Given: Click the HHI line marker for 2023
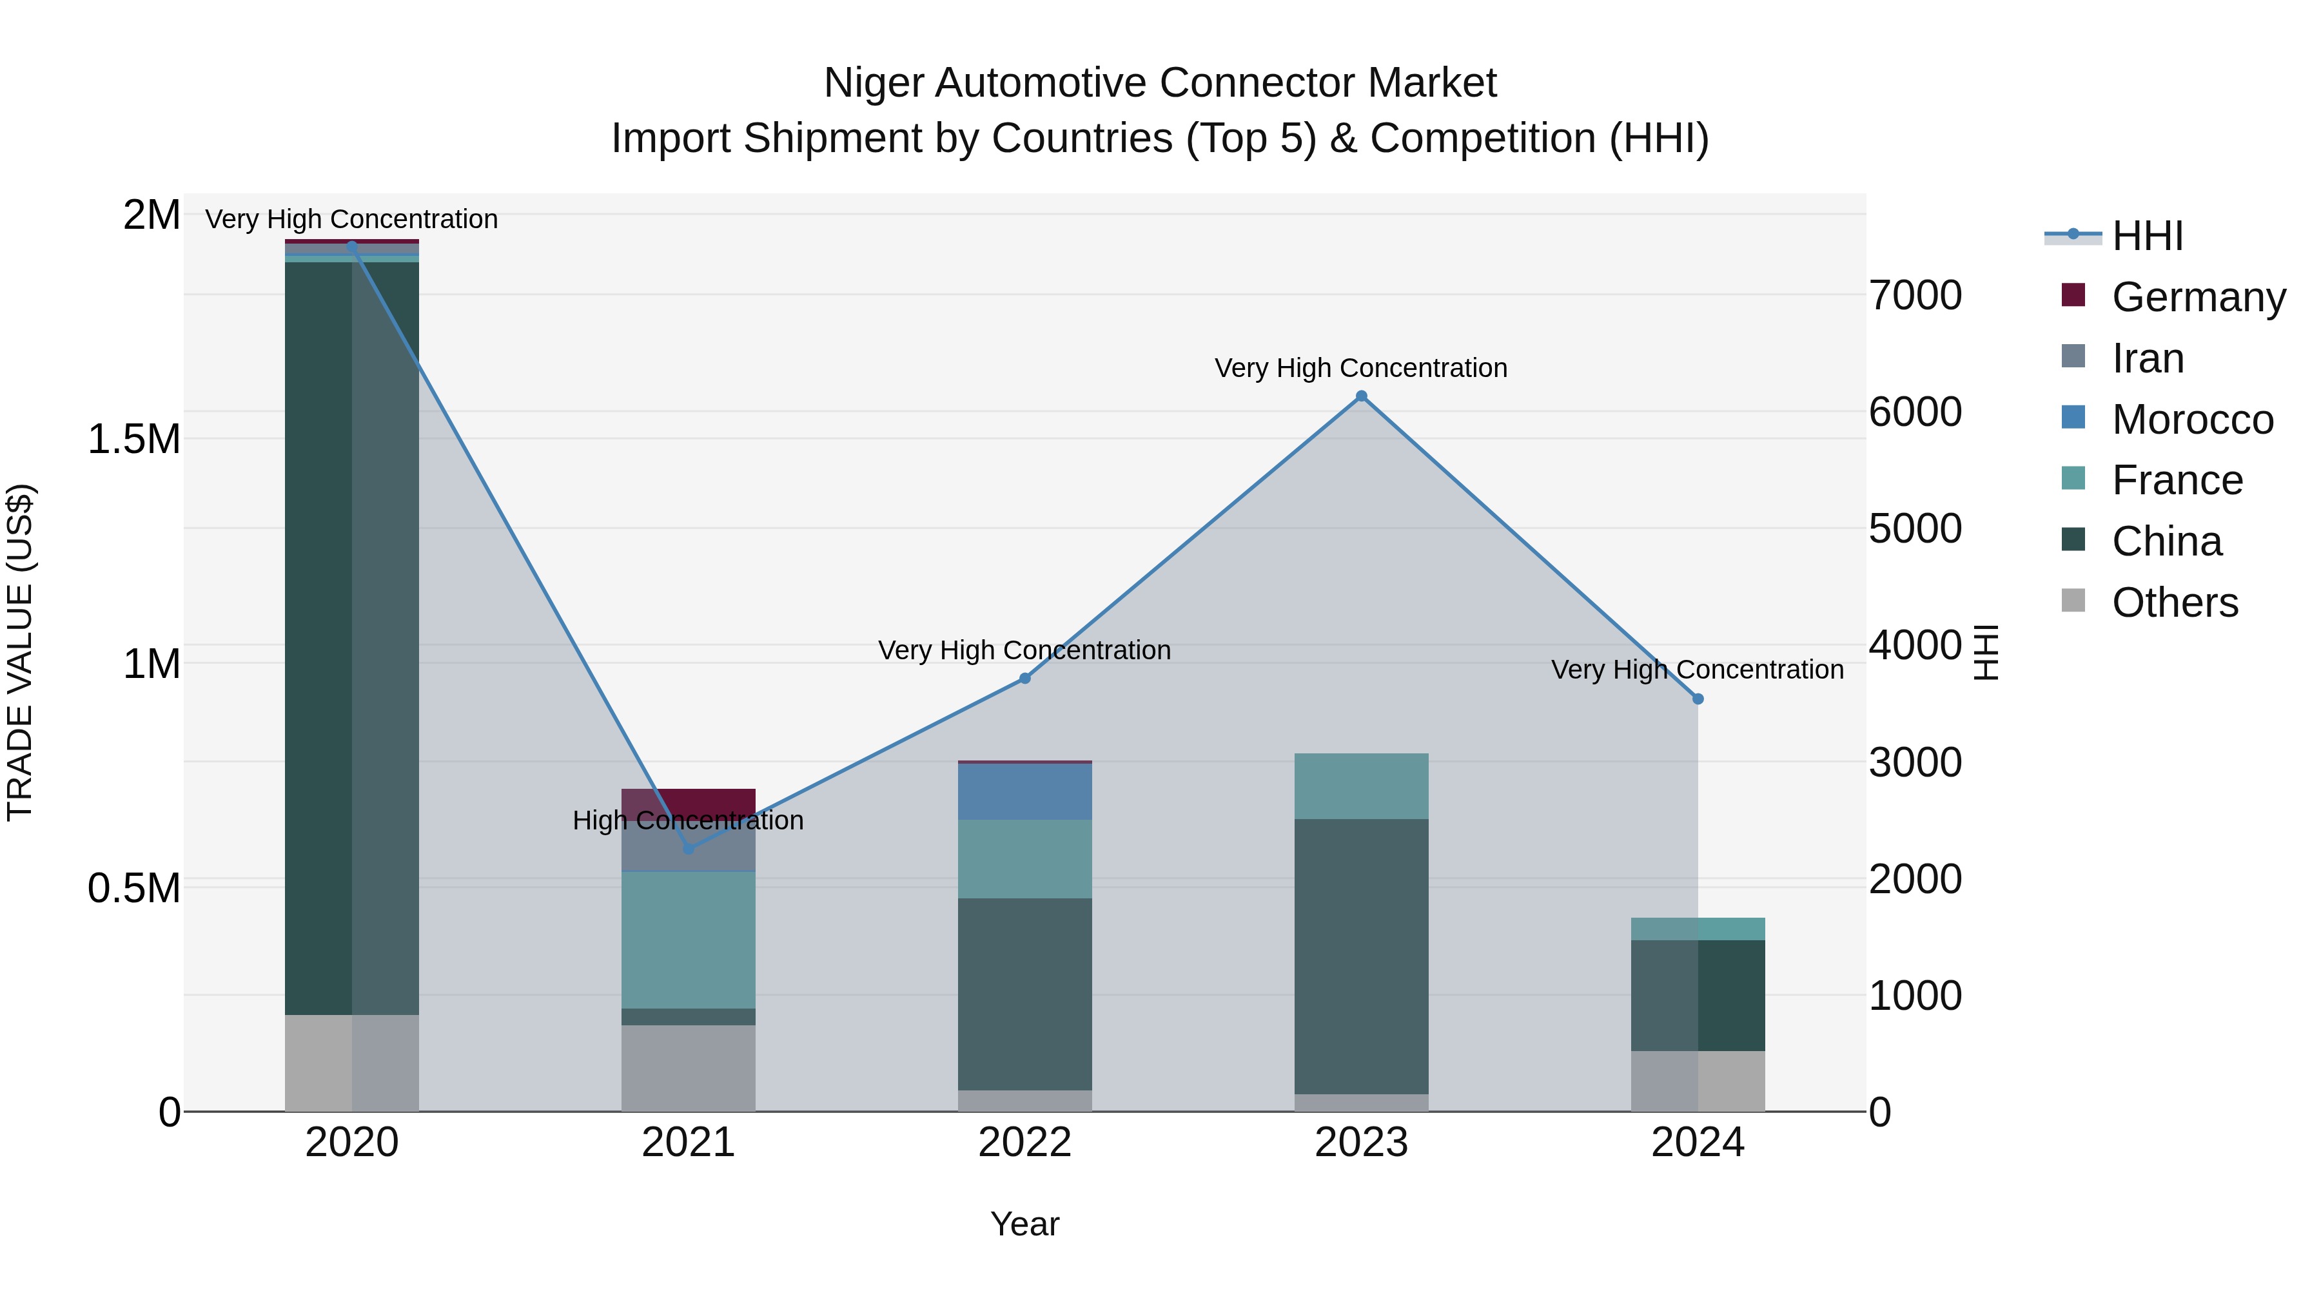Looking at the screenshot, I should tap(1362, 396).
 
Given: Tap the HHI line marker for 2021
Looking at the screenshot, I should tap(689, 848).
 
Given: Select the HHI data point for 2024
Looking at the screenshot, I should tap(1698, 699).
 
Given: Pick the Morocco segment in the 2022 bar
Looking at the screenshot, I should tap(1024, 791).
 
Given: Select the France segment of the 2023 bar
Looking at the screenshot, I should tap(1362, 786).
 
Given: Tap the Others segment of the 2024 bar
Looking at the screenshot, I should tap(1698, 1081).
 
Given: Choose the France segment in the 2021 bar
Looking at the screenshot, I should tap(689, 940).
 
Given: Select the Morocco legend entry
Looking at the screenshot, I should tap(2191, 420).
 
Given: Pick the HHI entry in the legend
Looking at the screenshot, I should tap(2146, 236).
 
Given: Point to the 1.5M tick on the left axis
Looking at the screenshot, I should tap(133, 440).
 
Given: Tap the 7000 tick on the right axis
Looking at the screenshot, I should tap(1915, 295).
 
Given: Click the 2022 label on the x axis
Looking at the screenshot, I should tap(1024, 1143).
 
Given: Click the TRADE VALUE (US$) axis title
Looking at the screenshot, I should tap(20, 652).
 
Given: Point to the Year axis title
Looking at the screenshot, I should tap(1024, 1224).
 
